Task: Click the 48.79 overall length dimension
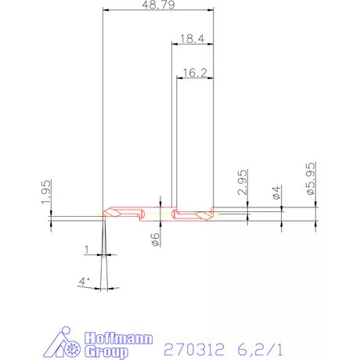pyautogui.click(x=157, y=5)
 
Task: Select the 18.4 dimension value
pyautogui.click(x=192, y=38)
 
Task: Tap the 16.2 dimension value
pyautogui.click(x=193, y=72)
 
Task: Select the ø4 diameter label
pyautogui.click(x=276, y=193)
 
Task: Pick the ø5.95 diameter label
pyautogui.click(x=311, y=179)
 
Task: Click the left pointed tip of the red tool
pyautogui.click(x=103, y=214)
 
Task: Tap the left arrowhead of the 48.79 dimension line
pyautogui.click(x=106, y=10)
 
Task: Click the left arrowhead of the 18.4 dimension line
pyautogui.click(x=175, y=44)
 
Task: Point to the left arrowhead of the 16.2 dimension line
pyautogui.click(x=179, y=78)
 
